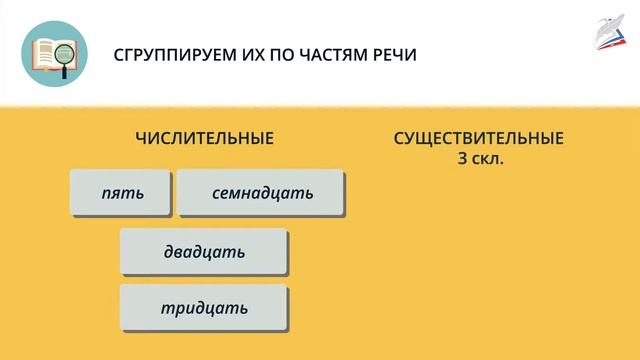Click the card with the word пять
point(121,193)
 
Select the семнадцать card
point(262,193)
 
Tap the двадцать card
point(204,252)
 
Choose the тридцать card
point(204,308)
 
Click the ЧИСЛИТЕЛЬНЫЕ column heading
point(204,138)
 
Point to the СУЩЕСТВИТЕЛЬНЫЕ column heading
point(479,138)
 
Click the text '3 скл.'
point(479,157)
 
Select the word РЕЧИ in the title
point(391,54)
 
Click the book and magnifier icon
point(53,54)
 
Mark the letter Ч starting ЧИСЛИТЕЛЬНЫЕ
point(140,138)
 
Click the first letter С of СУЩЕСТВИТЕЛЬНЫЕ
point(400,138)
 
